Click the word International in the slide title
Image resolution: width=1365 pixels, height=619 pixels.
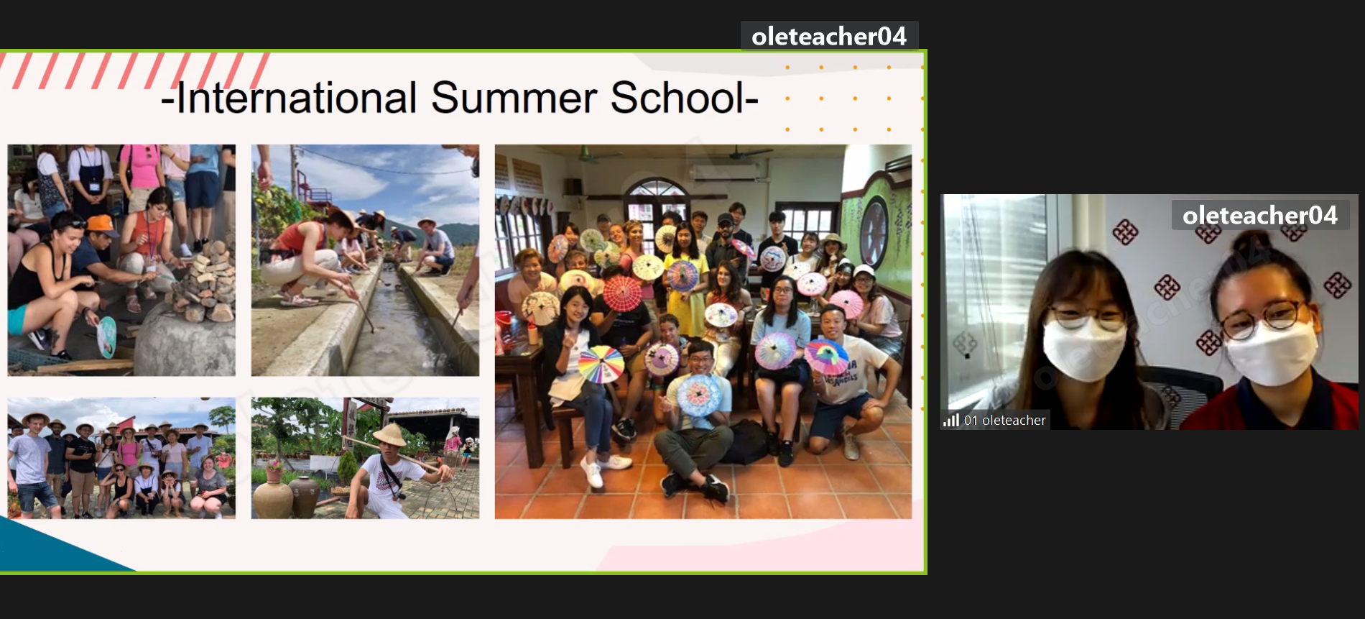(x=297, y=98)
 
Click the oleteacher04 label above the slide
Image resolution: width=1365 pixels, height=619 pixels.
(x=829, y=36)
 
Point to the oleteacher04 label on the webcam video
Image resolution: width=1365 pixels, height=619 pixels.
(x=1260, y=215)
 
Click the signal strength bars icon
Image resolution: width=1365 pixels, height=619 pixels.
(x=951, y=420)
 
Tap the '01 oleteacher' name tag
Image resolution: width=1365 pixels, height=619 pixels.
(x=1004, y=420)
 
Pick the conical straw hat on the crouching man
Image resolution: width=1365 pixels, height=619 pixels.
(x=390, y=434)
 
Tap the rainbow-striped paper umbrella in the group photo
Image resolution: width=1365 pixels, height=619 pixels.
(x=601, y=364)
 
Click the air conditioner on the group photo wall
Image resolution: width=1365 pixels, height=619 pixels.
(x=724, y=171)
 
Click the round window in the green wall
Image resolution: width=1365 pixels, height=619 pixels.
(x=874, y=231)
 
